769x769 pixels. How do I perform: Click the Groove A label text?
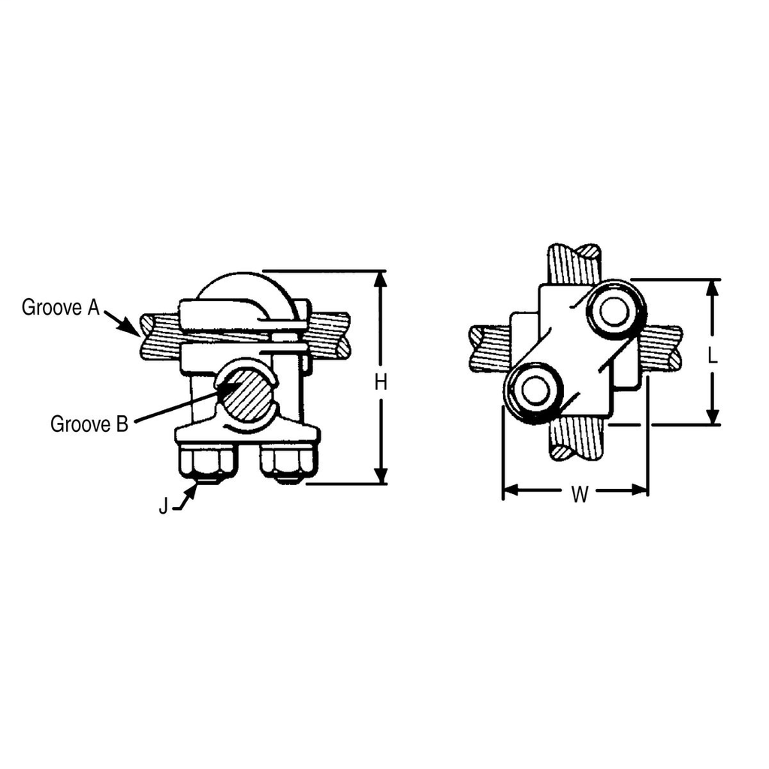point(60,307)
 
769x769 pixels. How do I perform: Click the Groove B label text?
point(89,424)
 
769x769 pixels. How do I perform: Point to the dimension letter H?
point(381,382)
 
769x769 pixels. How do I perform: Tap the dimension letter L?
point(713,355)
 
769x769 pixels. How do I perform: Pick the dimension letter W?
point(579,495)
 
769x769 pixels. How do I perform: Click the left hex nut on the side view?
point(207,463)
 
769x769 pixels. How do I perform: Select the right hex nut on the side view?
point(288,463)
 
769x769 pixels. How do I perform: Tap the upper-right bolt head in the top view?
point(614,311)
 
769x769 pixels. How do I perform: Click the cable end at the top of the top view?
point(574,255)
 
